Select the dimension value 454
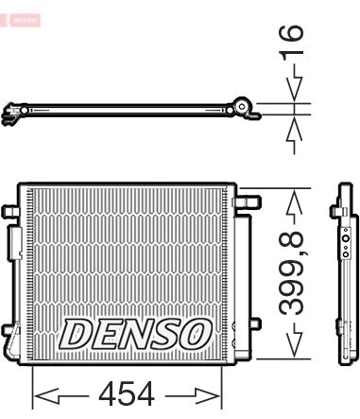point(127,393)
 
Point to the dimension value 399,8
point(292,273)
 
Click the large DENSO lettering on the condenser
point(135,334)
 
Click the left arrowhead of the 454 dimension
point(46,395)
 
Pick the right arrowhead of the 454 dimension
point(209,395)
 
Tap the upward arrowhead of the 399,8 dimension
point(294,201)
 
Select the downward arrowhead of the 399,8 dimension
point(294,346)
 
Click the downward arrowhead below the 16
point(294,90)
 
